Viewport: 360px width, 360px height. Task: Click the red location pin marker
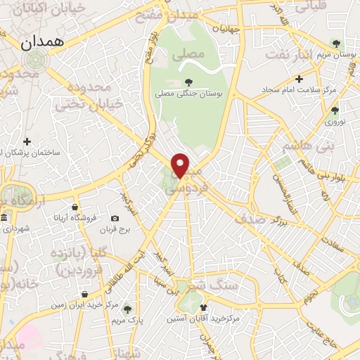tap(181, 165)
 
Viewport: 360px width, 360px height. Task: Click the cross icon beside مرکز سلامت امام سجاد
tap(300, 79)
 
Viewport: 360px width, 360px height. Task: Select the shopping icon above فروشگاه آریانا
tap(75, 207)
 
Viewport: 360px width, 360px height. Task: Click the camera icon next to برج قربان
tap(116, 219)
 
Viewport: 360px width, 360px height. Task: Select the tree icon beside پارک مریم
tap(127, 308)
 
